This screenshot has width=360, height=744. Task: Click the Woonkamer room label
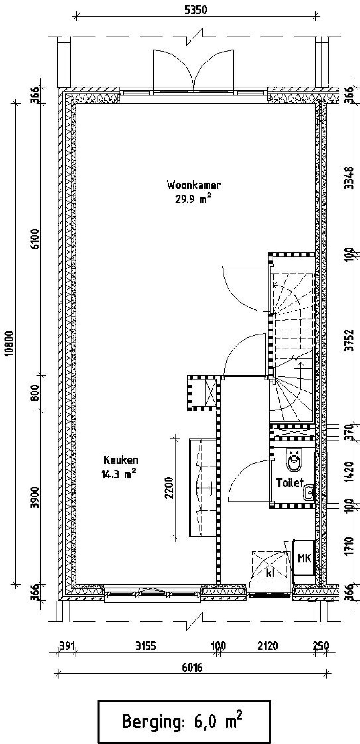click(194, 185)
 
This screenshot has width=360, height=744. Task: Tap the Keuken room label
click(121, 460)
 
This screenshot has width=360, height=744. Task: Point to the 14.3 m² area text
click(119, 474)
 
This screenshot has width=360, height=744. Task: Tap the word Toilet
click(290, 482)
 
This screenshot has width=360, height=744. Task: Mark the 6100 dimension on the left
click(35, 239)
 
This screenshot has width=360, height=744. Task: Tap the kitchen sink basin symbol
click(204, 489)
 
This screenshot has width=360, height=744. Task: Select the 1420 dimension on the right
click(350, 471)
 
